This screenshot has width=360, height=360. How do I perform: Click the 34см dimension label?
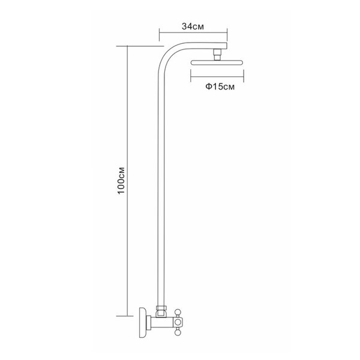pos(193,26)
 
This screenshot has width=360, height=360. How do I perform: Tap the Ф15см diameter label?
pos(220,87)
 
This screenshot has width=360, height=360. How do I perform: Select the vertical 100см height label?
pos(121,181)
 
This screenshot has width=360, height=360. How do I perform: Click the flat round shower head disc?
pos(217,62)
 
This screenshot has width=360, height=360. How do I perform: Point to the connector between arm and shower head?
pos(217,55)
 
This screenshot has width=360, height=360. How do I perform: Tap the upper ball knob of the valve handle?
pos(178,312)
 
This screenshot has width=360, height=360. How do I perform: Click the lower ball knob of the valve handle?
pos(178,332)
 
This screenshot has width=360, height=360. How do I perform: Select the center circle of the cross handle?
pos(178,322)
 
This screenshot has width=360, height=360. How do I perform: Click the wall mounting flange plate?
pos(143,323)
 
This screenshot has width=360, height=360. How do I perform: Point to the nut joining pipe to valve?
pos(161,308)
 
